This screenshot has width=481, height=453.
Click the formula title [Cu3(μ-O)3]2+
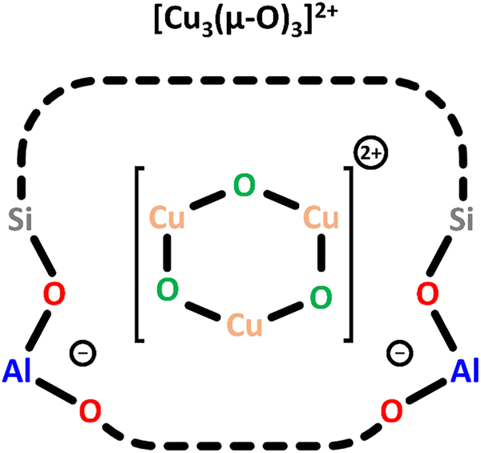[240, 22]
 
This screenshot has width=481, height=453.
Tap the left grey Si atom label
[22, 219]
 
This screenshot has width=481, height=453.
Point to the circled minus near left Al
[80, 351]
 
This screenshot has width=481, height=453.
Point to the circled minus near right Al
[398, 351]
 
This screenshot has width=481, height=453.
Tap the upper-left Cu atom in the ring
[167, 219]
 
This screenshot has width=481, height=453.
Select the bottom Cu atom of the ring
[243, 328]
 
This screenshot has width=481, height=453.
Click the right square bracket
[349, 254]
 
